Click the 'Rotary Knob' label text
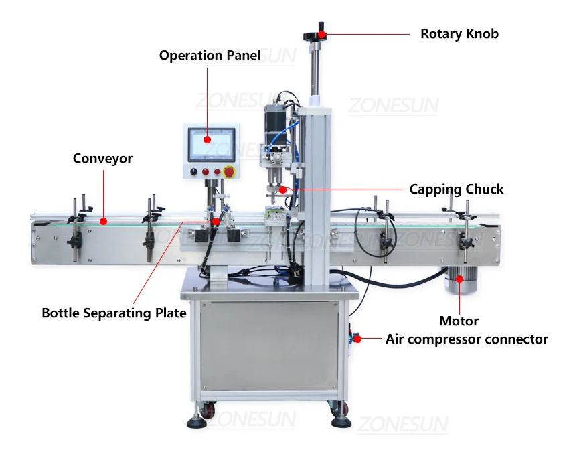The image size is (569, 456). click(x=459, y=33)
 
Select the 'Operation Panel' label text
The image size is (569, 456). click(x=210, y=56)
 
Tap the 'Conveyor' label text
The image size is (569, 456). click(x=102, y=159)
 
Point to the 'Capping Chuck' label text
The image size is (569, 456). click(x=457, y=189)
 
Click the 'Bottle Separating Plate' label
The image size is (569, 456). click(x=114, y=313)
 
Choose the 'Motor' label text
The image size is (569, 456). click(x=459, y=321)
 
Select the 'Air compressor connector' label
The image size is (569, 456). click(x=467, y=339)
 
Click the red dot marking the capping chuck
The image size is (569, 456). click(x=283, y=189)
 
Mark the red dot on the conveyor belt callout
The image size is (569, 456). click(x=103, y=220)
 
